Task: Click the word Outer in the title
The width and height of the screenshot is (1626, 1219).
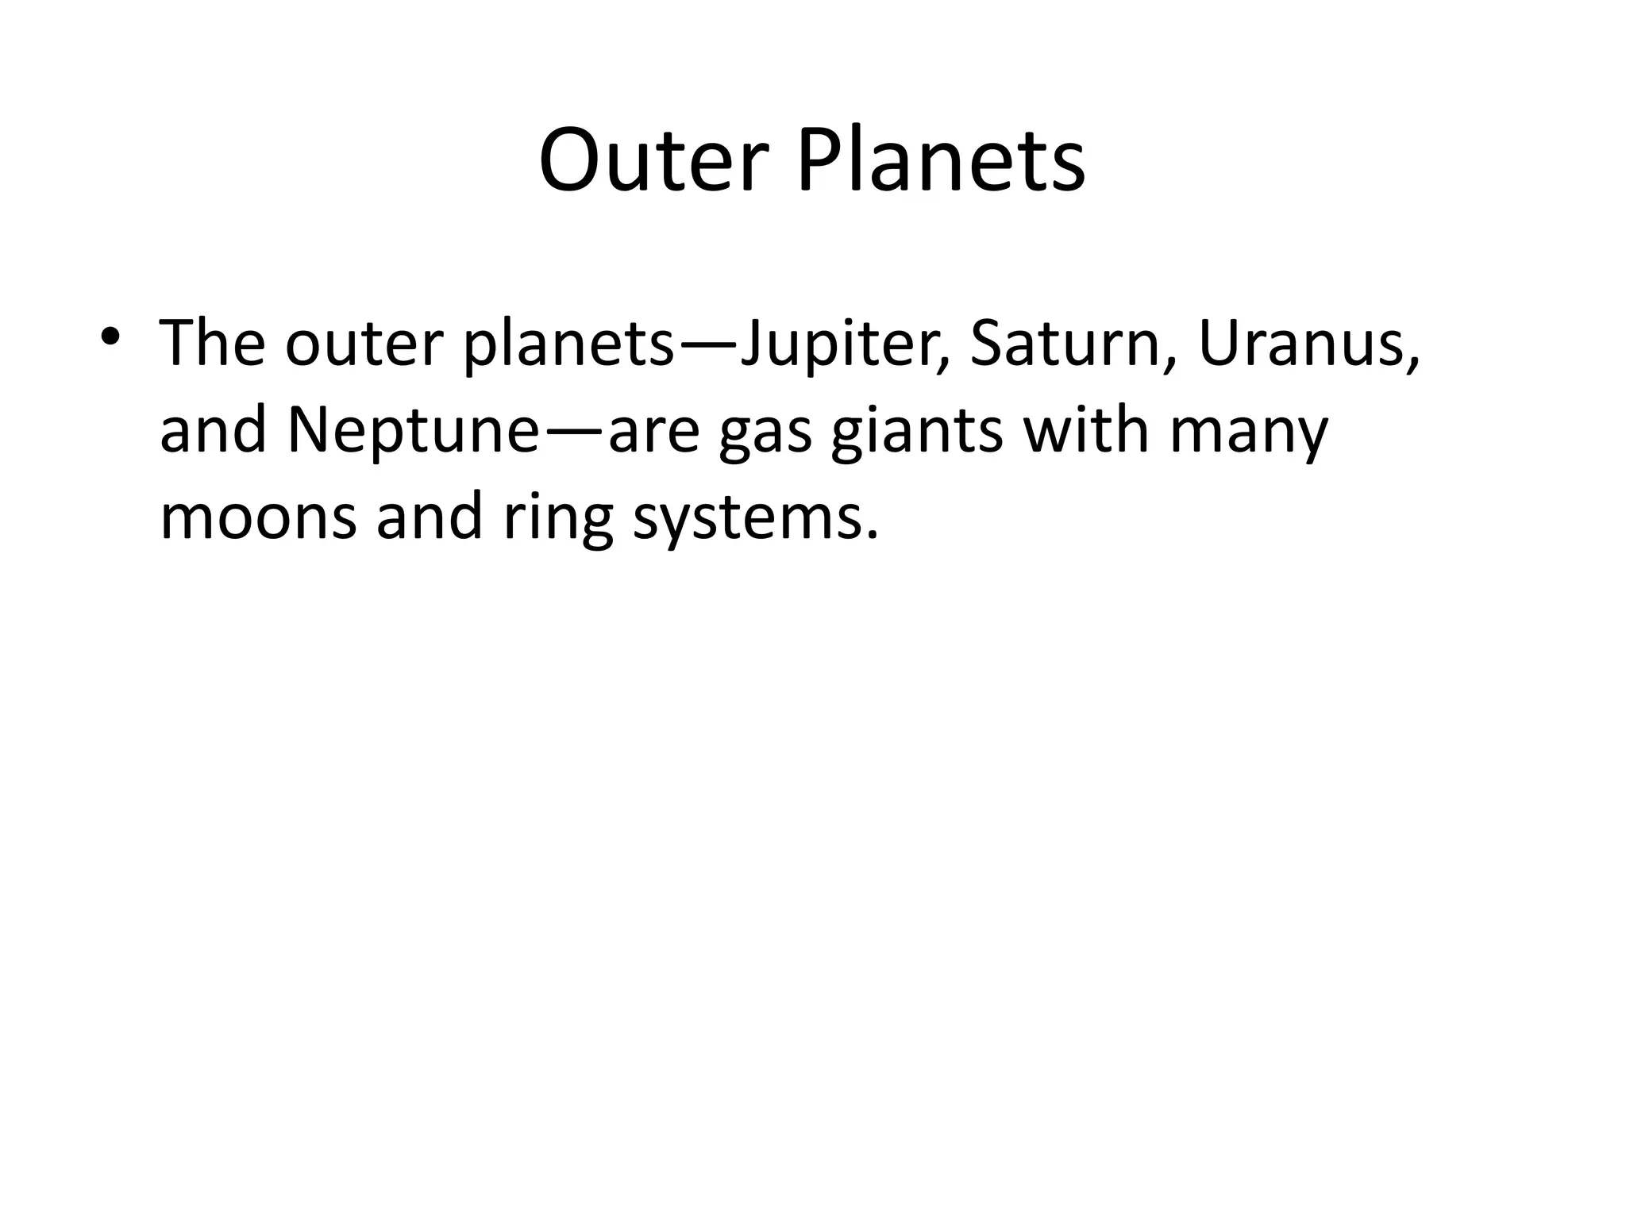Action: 653,161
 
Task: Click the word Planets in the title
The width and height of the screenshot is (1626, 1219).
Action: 941,161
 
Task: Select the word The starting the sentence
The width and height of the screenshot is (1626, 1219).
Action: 212,344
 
